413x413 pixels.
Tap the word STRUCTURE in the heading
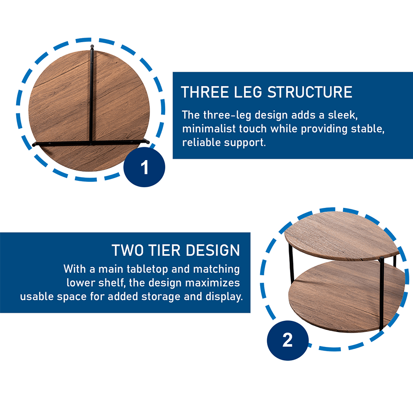pyautogui.click(x=310, y=92)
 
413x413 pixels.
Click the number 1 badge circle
pyautogui.click(x=145, y=167)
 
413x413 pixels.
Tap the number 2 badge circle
pyautogui.click(x=288, y=340)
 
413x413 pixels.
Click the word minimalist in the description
pyautogui.click(x=209, y=129)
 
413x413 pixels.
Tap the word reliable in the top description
pyautogui.click(x=201, y=143)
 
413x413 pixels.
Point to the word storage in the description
pyautogui.click(x=161, y=297)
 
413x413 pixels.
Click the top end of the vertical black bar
pyautogui.click(x=92, y=47)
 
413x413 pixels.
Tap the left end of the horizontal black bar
pyautogui.click(x=33, y=145)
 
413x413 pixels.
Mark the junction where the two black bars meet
pyautogui.click(x=91, y=143)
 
